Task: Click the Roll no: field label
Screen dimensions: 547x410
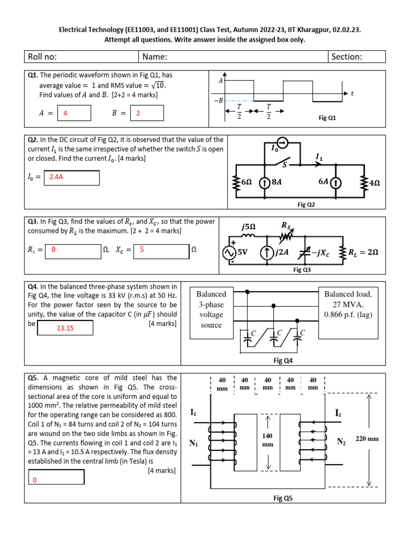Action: point(43,57)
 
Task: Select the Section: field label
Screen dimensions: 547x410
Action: point(347,57)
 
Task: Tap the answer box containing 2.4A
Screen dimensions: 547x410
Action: point(74,177)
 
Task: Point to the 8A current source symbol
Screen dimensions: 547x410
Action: point(263,183)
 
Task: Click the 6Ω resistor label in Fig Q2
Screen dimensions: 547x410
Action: point(246,182)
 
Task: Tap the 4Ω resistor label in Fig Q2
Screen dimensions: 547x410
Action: point(374,183)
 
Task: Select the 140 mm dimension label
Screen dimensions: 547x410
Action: point(268,440)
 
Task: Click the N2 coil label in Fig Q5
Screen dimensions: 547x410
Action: point(341,442)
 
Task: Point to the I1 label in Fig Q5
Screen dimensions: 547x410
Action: point(193,412)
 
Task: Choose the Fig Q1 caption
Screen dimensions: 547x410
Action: point(327,118)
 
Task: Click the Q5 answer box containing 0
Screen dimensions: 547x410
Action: point(56,478)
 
